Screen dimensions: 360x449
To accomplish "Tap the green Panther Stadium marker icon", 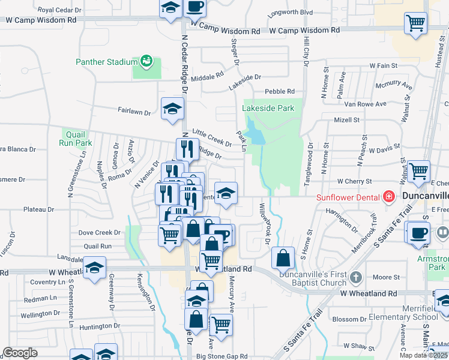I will (145, 61).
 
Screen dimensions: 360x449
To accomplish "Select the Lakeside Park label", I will (268, 108).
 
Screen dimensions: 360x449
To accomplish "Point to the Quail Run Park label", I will (76, 139).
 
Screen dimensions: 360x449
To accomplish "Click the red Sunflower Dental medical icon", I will (389, 197).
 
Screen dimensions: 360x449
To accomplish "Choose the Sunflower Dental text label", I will (348, 197).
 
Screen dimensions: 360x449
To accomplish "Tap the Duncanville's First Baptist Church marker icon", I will (356, 277).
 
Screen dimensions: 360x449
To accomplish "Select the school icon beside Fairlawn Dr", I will (173, 109).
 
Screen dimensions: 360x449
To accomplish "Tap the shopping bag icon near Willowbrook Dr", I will (283, 258).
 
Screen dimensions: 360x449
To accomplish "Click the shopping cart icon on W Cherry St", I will (418, 171).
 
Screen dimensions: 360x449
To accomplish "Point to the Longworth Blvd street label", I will (291, 12).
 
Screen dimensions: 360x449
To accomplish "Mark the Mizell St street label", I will (346, 120).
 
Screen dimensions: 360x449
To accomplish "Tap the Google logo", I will (20, 353).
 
